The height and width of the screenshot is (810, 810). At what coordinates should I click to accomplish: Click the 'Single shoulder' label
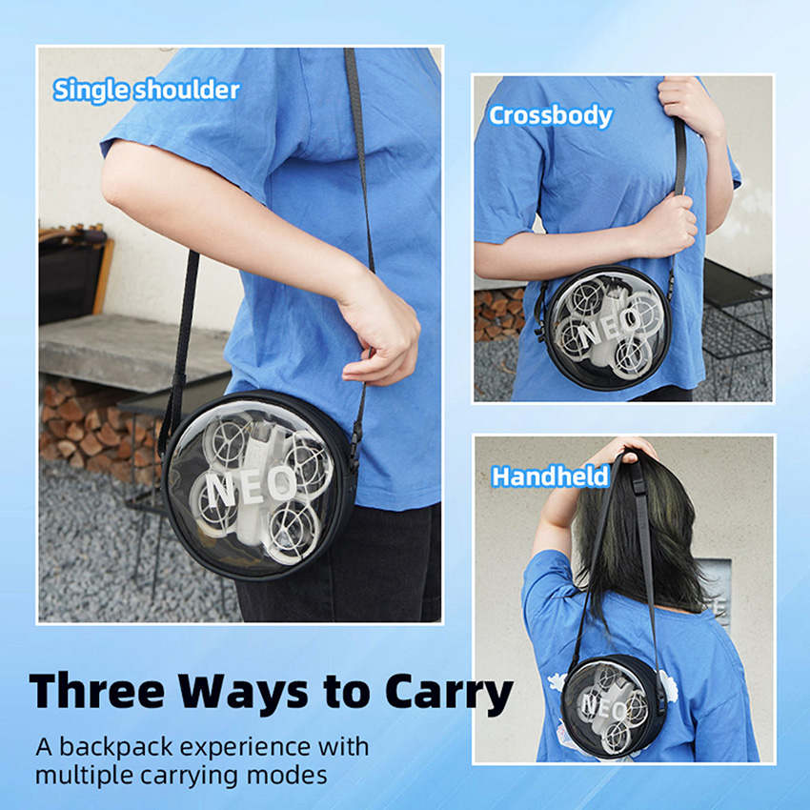pos(147,91)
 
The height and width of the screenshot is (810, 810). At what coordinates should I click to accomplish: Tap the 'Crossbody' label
pos(551,115)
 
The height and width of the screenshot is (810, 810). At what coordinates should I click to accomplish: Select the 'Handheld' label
pos(550,476)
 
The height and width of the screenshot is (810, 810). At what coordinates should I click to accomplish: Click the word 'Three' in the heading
pos(96,691)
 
